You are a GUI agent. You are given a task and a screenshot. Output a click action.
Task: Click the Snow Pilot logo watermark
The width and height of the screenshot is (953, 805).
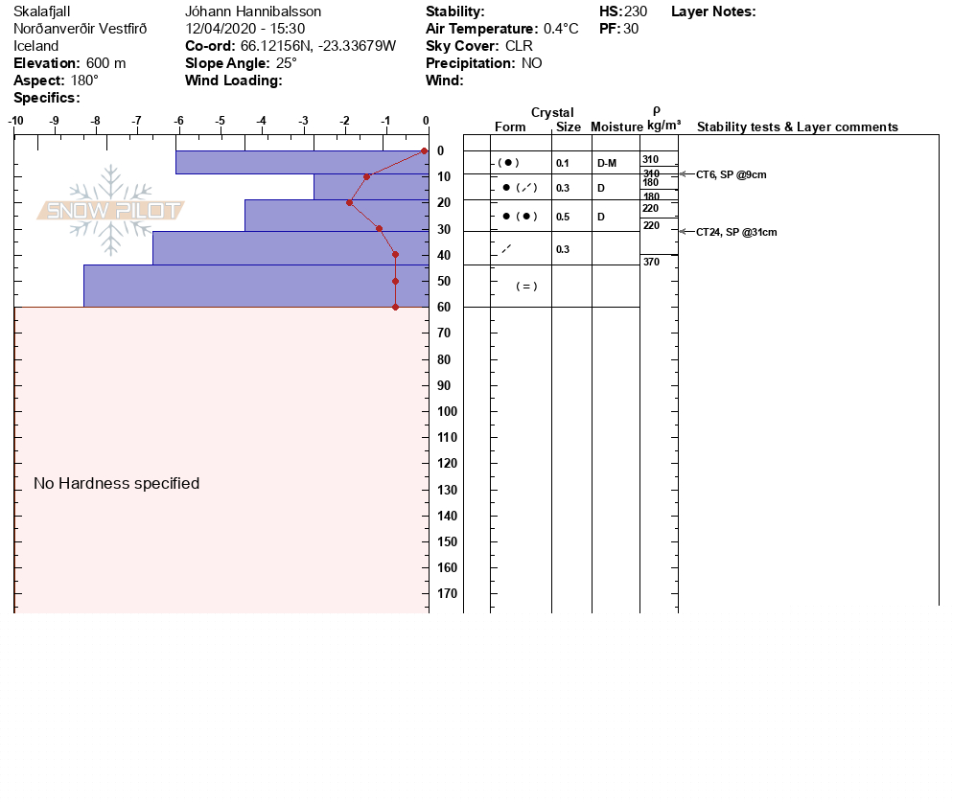[110, 210]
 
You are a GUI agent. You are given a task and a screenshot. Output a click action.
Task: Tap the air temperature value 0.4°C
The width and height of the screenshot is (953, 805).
[561, 29]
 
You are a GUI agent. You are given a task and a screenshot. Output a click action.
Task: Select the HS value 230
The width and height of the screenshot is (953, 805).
[635, 11]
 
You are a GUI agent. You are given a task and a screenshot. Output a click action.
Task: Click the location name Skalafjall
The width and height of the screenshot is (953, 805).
[42, 11]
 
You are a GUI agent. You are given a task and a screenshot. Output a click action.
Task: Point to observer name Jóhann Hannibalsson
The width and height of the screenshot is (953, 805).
[253, 11]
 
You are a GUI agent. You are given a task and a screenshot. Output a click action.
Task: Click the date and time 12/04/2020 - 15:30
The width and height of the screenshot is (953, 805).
[244, 29]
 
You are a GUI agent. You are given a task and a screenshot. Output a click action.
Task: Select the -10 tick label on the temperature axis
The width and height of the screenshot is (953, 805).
[15, 121]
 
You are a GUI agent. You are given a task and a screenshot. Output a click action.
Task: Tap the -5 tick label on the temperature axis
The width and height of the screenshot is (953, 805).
[220, 121]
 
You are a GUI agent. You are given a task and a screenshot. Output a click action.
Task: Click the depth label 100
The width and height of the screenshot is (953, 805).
[448, 411]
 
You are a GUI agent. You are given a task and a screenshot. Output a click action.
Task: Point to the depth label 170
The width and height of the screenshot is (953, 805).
[448, 593]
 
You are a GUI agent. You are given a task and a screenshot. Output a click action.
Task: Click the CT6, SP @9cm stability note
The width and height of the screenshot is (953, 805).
[732, 175]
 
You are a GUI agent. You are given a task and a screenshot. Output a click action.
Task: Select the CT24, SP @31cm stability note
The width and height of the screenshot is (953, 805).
[736, 232]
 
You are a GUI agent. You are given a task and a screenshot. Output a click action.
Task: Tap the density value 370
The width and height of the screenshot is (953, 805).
[651, 262]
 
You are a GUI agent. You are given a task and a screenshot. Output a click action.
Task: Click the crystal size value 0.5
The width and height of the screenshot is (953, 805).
[563, 217]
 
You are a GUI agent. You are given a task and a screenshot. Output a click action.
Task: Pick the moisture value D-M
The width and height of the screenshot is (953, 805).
[607, 163]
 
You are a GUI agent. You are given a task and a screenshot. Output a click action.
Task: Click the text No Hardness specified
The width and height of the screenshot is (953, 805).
[117, 483]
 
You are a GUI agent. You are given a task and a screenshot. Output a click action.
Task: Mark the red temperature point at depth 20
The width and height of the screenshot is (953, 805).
[350, 202]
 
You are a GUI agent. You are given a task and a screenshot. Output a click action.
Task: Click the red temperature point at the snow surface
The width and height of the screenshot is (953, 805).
[424, 150]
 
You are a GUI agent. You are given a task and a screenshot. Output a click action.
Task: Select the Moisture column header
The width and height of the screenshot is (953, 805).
[616, 126]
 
